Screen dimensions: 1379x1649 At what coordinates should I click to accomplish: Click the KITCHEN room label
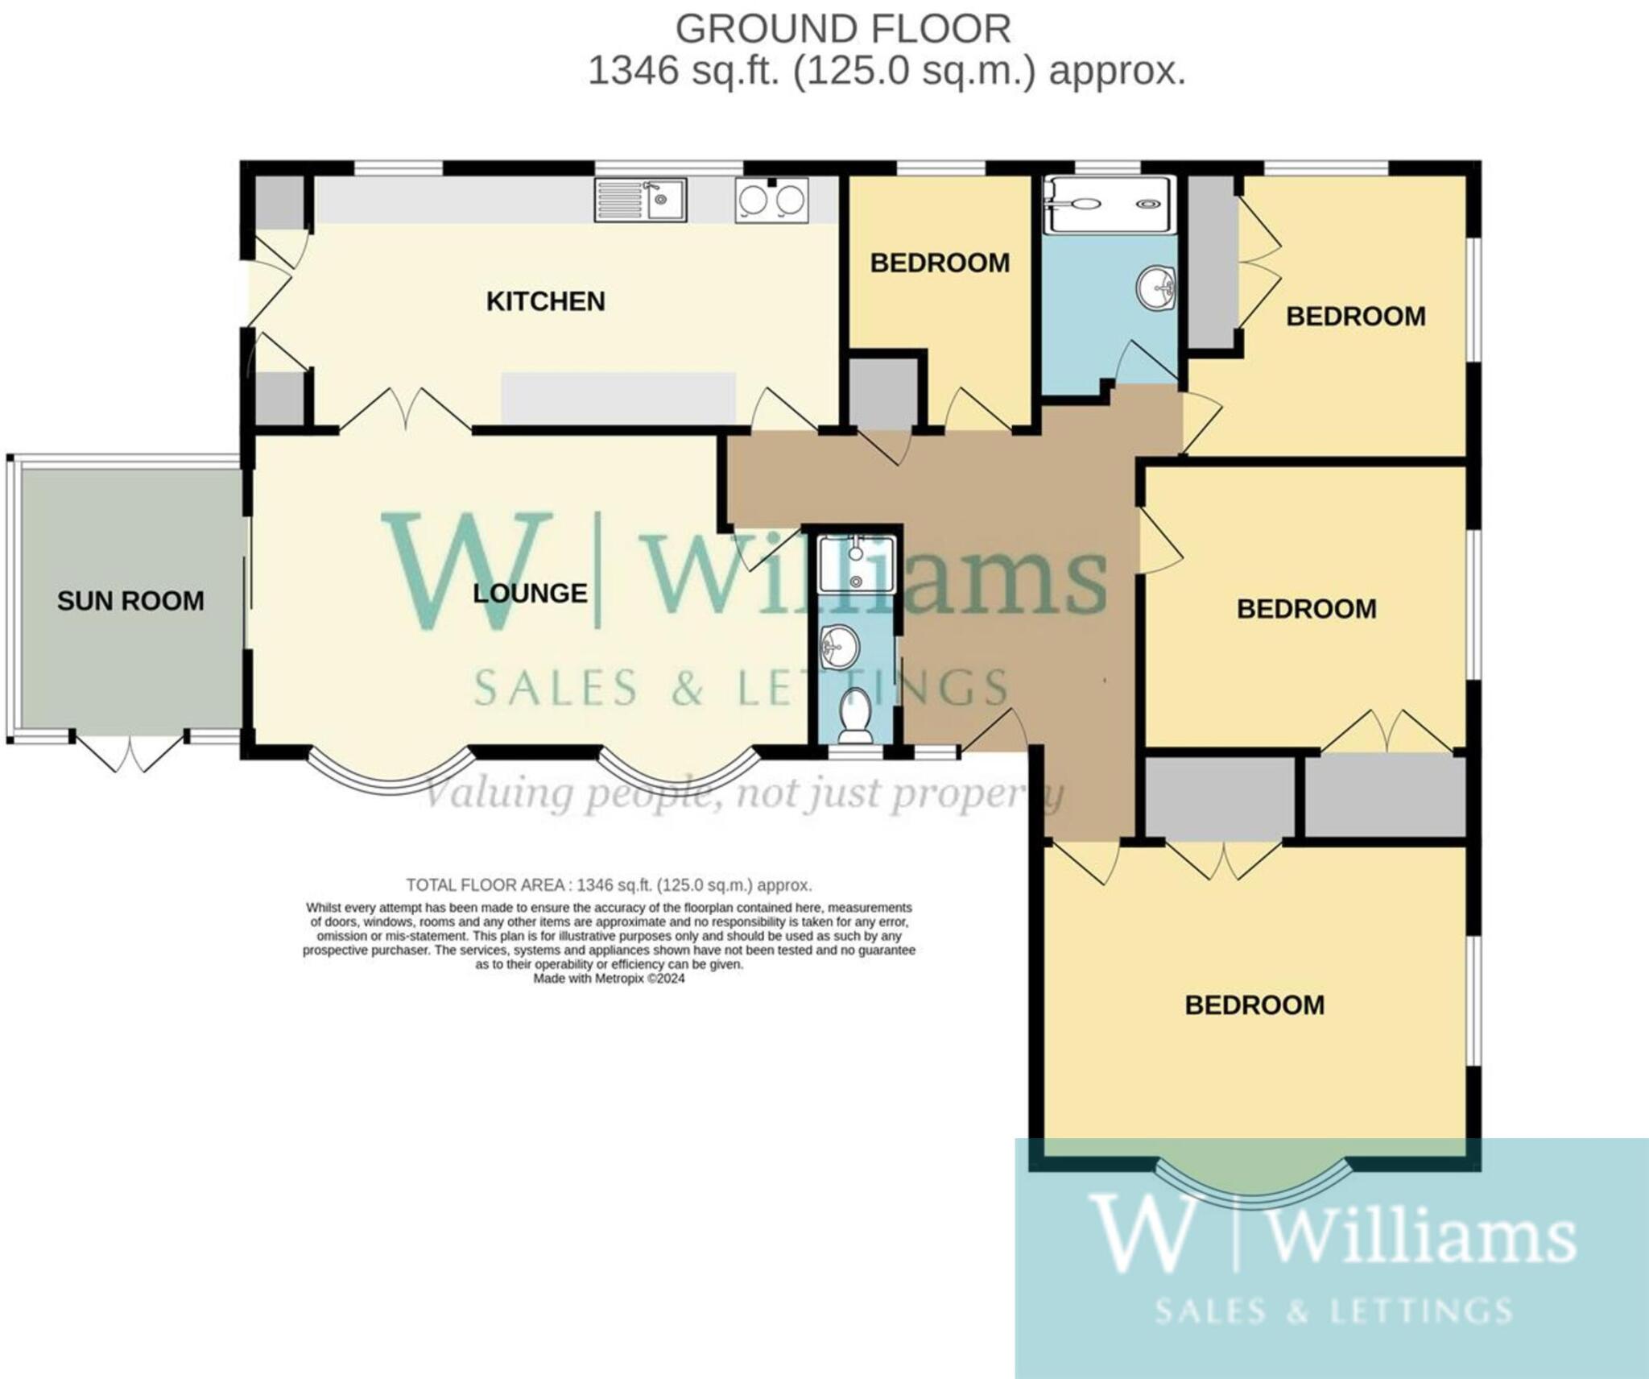(x=545, y=301)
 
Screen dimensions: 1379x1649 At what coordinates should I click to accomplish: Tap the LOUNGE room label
(x=529, y=594)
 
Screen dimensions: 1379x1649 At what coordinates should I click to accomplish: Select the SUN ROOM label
(x=130, y=601)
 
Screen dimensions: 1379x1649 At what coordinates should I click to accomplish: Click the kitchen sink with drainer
(x=640, y=200)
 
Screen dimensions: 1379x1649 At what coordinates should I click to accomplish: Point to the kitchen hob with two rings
(x=771, y=200)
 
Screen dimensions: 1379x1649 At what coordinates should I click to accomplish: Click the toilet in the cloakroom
(x=854, y=716)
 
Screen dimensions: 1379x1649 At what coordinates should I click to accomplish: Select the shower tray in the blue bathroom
(x=1106, y=205)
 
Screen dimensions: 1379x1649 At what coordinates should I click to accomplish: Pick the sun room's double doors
(x=129, y=749)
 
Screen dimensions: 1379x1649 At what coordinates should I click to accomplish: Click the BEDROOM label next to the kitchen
(x=940, y=263)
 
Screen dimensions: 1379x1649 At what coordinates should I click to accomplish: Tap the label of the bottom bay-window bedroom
(x=1254, y=1005)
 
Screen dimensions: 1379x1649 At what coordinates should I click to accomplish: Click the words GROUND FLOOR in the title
(x=842, y=30)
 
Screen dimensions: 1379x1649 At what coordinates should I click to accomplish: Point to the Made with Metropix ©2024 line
(x=609, y=979)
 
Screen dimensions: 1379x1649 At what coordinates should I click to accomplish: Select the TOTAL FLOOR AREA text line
(x=609, y=885)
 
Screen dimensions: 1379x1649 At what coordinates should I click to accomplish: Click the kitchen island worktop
(x=618, y=397)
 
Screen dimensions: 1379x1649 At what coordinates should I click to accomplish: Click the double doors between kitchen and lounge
(x=405, y=411)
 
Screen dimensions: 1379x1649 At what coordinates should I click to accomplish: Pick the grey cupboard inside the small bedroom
(x=883, y=394)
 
